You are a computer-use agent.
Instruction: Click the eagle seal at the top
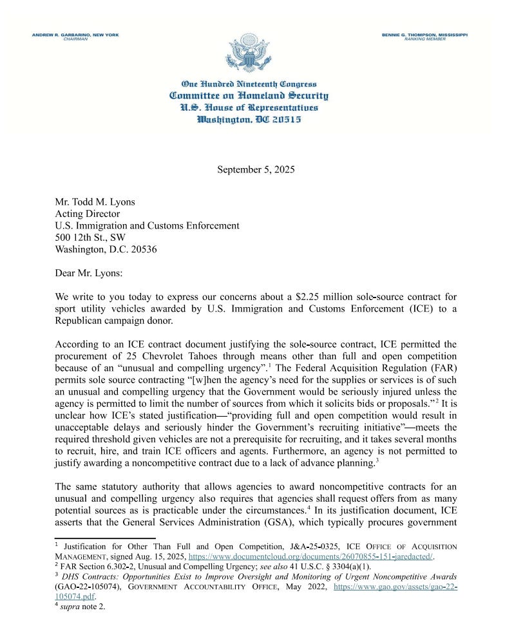[248, 53]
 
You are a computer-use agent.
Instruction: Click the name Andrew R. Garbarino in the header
[75, 35]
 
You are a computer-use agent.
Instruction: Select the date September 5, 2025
[256, 170]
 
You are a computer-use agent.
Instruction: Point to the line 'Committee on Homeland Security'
[249, 96]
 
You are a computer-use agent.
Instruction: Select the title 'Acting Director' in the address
[87, 214]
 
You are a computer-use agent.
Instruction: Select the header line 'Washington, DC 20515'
[249, 120]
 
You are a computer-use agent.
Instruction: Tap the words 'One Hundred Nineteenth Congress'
[249, 84]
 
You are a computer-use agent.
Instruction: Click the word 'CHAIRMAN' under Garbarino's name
[75, 39]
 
